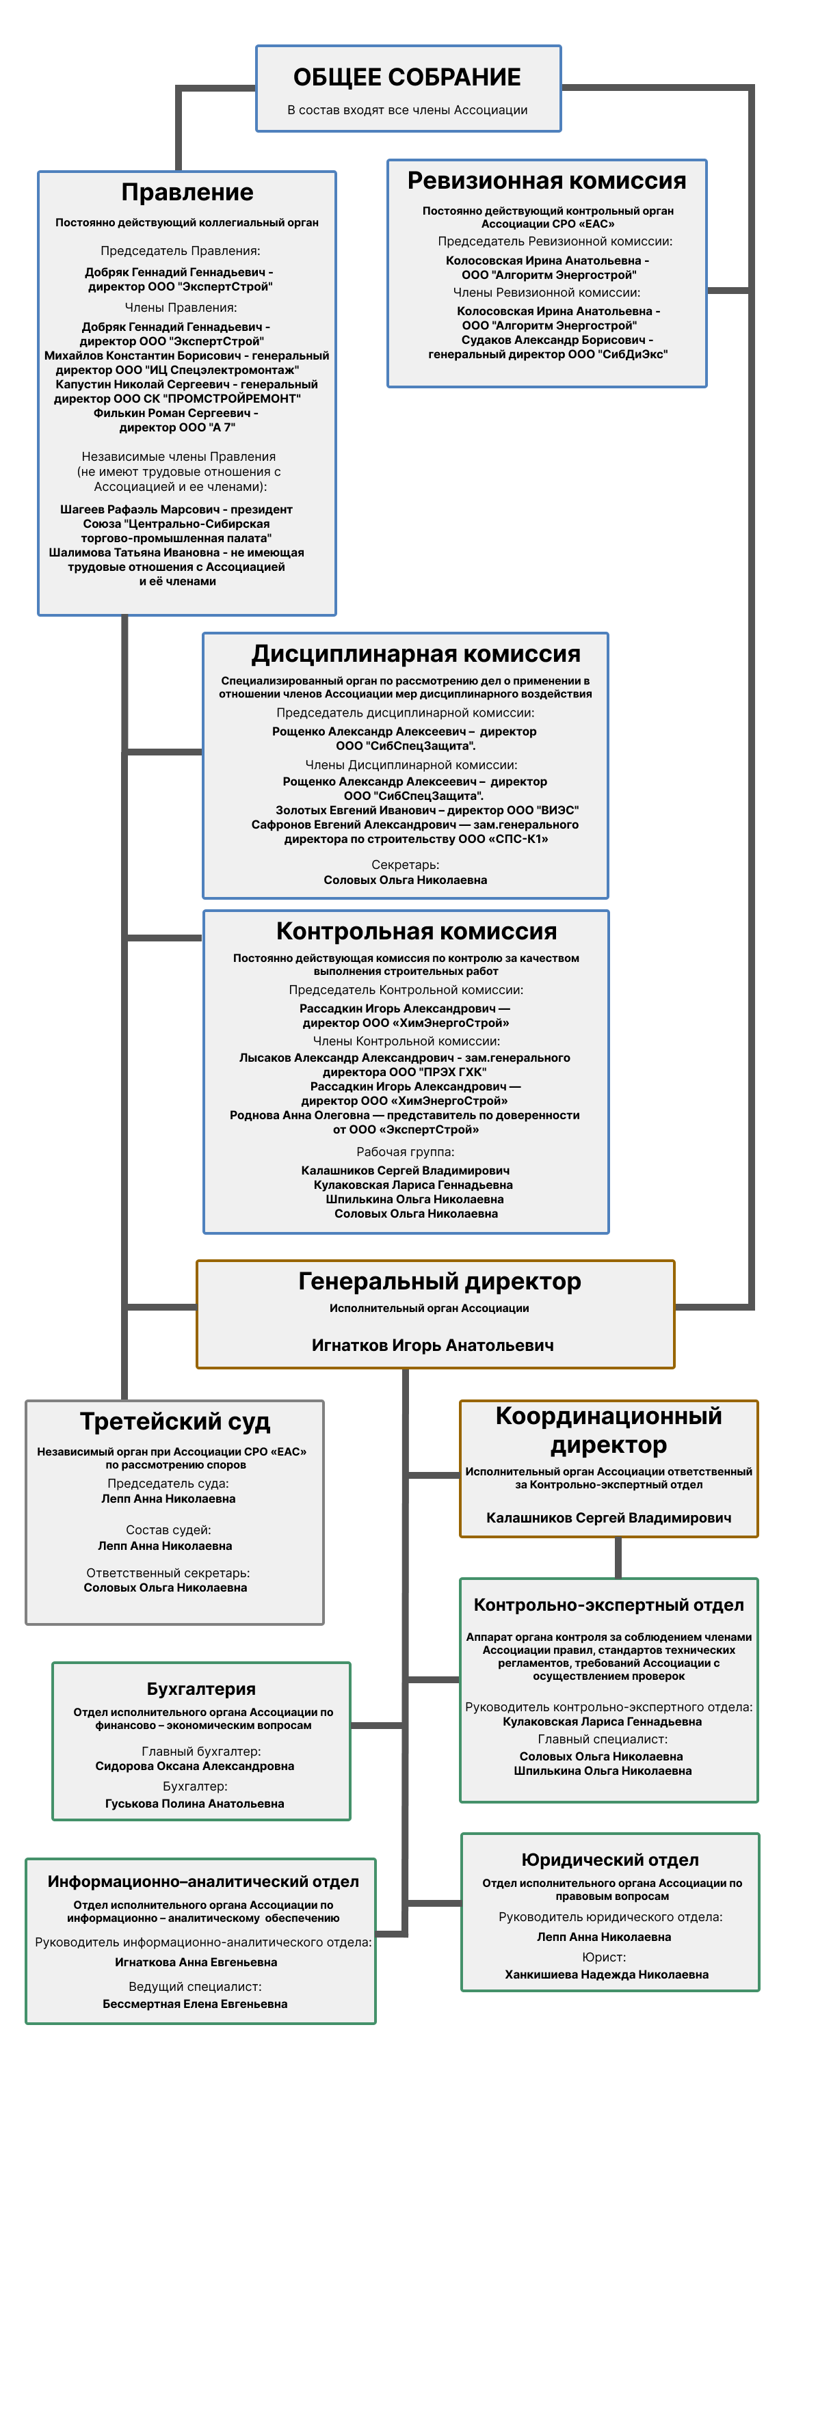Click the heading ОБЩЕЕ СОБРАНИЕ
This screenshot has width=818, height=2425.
pos(407,77)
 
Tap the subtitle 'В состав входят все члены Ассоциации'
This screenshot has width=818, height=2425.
pos(407,110)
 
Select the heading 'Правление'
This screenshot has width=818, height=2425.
pos(187,193)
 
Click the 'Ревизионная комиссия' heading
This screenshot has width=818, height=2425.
pos(546,180)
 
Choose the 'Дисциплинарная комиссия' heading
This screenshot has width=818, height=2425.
pos(415,654)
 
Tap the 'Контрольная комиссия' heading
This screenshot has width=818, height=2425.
pos(416,931)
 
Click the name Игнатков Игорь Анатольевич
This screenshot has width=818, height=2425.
pos(432,1345)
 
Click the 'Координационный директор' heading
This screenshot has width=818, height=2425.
pos(608,1430)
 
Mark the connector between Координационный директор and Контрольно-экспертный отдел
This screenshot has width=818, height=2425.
pos(618,1558)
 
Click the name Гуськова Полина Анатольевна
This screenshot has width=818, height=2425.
pos(195,1804)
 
